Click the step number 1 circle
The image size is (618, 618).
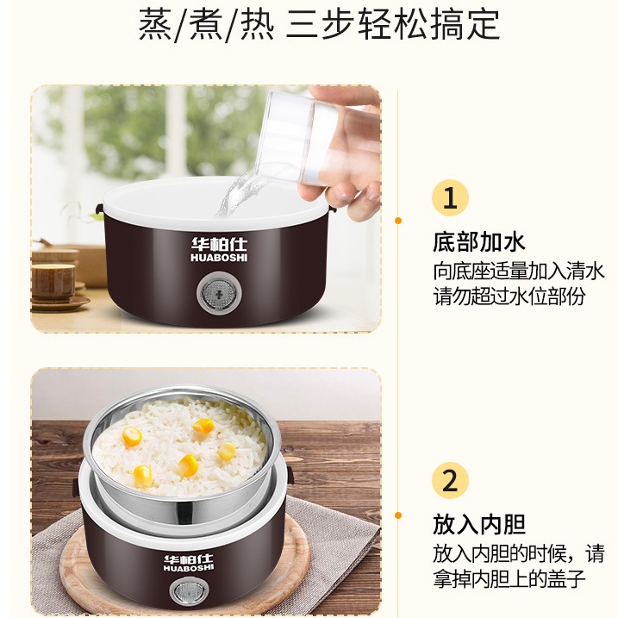pos(450,197)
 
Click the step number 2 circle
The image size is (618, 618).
pos(450,480)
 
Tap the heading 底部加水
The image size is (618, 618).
pos(479,241)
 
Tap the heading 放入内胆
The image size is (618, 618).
pos(479,524)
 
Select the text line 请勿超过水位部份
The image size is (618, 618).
pos(509,296)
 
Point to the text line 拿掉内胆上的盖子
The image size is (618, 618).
pos(509,578)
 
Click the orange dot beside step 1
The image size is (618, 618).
pos(398,221)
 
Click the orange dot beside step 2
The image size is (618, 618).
pos(398,515)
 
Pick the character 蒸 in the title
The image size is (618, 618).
pos(155,24)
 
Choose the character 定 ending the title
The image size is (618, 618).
pos(484,24)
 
